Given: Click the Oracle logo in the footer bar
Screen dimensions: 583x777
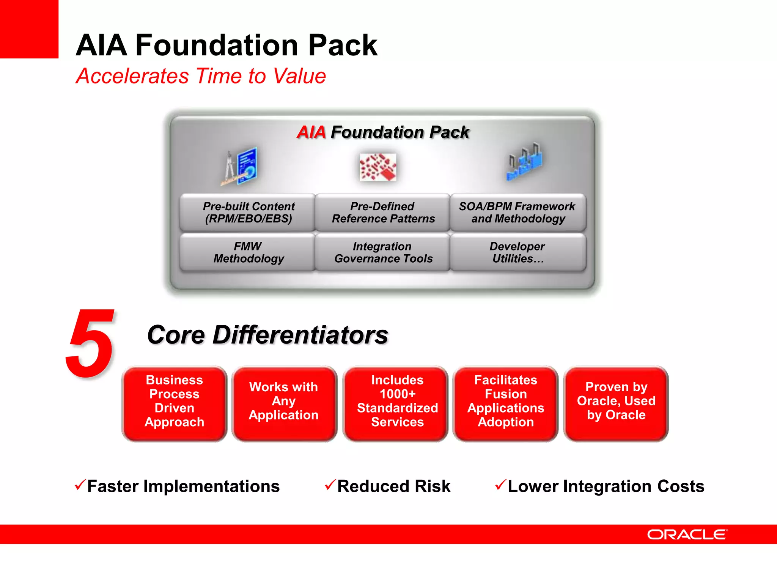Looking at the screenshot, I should [687, 534].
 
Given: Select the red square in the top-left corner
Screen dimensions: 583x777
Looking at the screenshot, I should [29, 29].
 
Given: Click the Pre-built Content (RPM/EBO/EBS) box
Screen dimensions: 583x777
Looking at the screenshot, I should [248, 213].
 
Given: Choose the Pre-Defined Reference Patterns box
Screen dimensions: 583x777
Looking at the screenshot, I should [383, 213].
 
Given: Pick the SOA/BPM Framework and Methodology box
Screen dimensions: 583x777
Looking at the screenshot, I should [517, 213].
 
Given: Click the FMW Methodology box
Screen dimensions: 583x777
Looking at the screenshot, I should [248, 252].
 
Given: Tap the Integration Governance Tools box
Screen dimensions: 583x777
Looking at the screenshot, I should [383, 252].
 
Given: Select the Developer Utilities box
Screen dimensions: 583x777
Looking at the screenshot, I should [517, 252].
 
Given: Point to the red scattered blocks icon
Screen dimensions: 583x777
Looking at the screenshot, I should [378, 167].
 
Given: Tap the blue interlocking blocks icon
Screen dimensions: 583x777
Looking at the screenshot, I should [525, 162].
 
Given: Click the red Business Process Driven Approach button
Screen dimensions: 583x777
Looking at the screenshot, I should [175, 403].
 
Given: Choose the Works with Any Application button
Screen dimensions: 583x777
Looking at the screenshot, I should [284, 403].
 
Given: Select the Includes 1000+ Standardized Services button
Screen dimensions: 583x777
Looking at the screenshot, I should [397, 403].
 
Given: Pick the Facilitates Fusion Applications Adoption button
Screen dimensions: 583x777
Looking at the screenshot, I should [506, 403].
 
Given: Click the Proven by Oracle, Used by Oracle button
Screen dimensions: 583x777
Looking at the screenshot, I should [616, 403].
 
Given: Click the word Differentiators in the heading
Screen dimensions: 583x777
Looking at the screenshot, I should [300, 335].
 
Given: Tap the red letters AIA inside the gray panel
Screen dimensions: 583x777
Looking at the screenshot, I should [311, 132].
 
